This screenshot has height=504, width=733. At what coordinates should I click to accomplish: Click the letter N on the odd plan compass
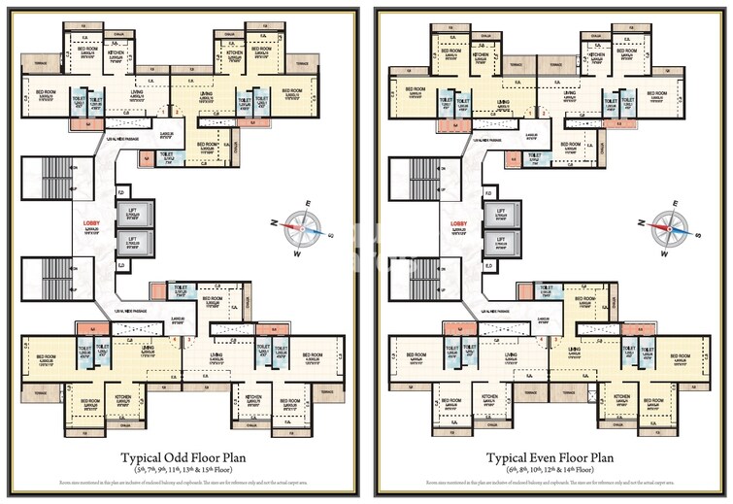pyautogui.click(x=276, y=223)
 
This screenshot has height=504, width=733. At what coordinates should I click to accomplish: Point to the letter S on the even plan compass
pyautogui.click(x=697, y=235)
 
